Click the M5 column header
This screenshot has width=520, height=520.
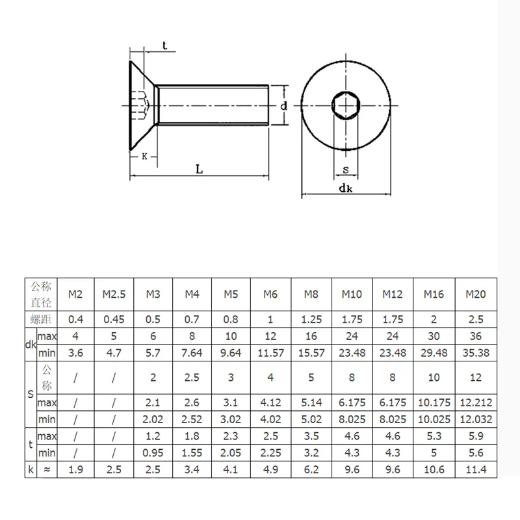point(231,294)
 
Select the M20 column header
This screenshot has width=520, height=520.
point(476,294)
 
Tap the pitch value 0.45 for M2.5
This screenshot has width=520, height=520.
point(114,319)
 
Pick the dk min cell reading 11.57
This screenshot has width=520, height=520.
point(270,353)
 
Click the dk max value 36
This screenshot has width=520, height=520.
point(476,336)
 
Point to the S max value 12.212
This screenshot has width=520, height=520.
point(476,402)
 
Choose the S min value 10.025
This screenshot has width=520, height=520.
point(434,419)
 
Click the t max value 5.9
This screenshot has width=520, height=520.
point(476,436)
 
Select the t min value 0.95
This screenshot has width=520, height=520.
point(153,452)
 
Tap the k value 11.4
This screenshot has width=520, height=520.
point(476,469)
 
